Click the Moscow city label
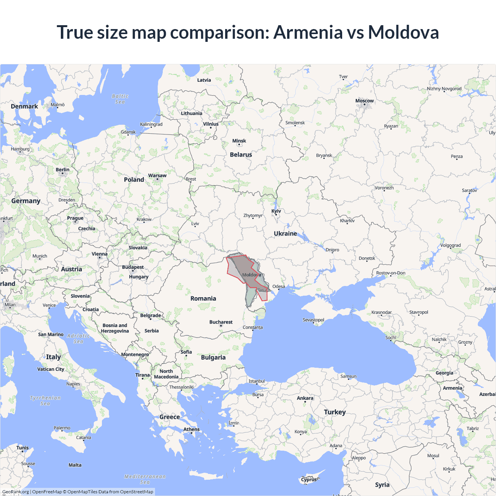click(364, 101)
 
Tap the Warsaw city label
click(157, 176)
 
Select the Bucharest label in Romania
click(221, 322)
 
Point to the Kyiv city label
click(276, 211)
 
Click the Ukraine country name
click(285, 233)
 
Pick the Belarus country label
click(241, 155)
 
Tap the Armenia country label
click(452, 388)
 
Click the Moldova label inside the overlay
click(251, 275)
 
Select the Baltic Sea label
click(120, 99)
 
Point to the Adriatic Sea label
click(78, 339)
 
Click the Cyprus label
click(309, 479)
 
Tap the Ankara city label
click(305, 398)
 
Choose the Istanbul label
click(257, 381)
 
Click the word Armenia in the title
click(308, 32)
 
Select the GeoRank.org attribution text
click(15, 492)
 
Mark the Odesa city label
click(279, 286)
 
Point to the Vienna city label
click(100, 254)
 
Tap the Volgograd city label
click(450, 245)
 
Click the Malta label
click(75, 465)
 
